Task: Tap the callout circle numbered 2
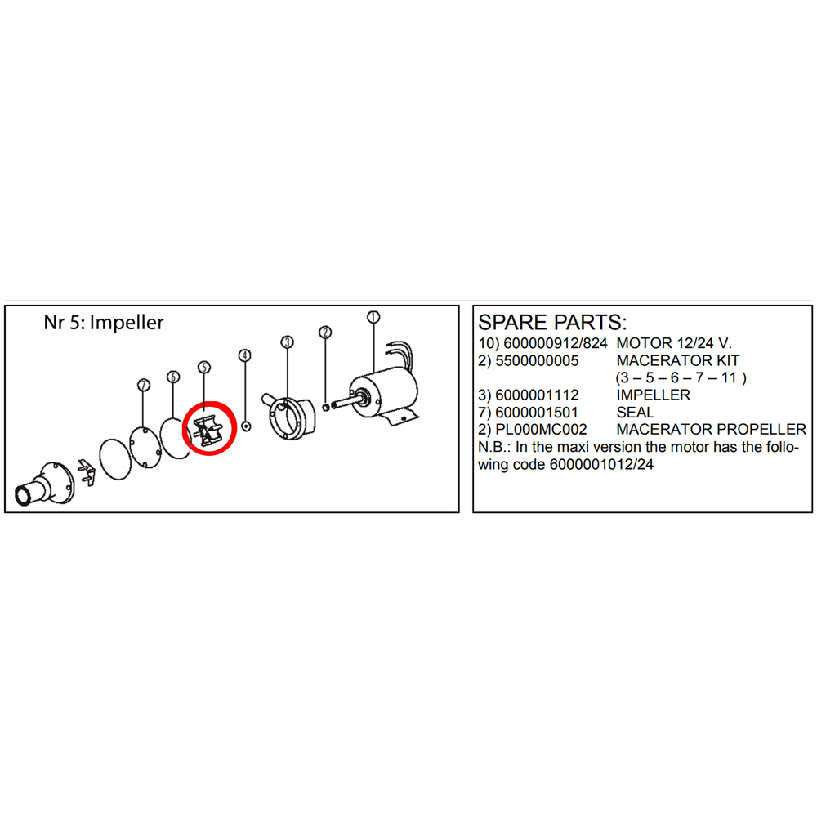coord(325,332)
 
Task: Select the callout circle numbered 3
coord(287,342)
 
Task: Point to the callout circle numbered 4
coord(244,355)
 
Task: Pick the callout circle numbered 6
coord(173,377)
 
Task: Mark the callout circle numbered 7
coord(144,385)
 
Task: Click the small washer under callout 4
coord(247,426)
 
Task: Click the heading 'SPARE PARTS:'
coord(552,321)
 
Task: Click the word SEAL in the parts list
coord(635,413)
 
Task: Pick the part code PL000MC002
coord(541,430)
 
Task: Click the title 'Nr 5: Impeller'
coord(104,323)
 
